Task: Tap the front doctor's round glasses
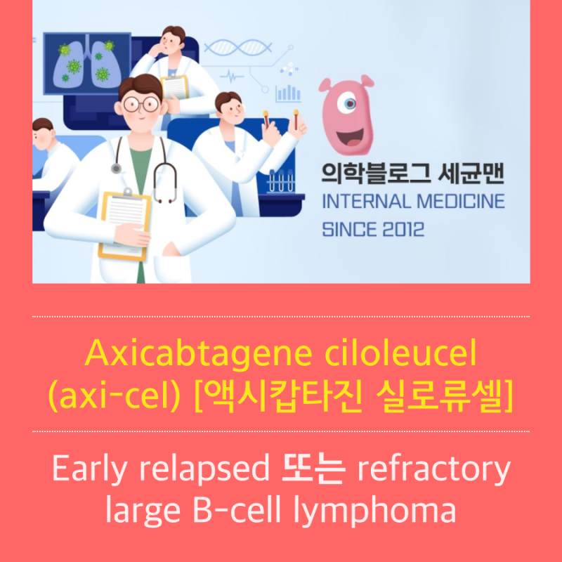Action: tap(140, 103)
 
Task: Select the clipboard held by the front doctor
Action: tap(124, 221)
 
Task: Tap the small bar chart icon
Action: tap(288, 92)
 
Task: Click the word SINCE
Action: tap(345, 229)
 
